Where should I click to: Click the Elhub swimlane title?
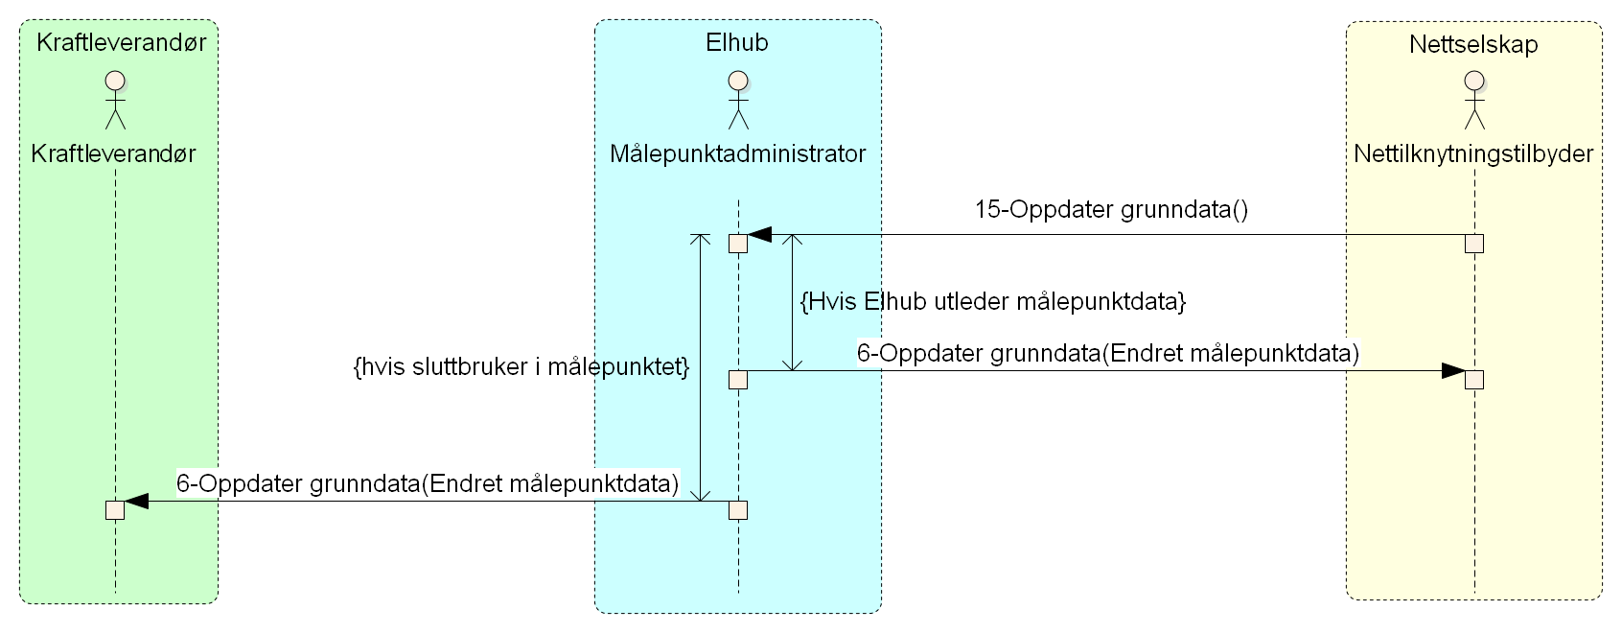coord(736,43)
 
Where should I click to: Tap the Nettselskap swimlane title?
coord(1473,44)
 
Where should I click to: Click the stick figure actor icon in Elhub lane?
coord(737,99)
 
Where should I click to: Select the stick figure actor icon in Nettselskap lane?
coord(1474,99)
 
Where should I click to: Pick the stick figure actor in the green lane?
coord(115,99)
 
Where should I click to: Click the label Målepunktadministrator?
coord(737,153)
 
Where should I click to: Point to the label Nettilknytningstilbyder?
coord(1473,153)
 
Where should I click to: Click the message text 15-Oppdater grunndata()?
coord(1111,210)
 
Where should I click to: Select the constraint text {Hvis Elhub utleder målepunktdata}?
coord(993,302)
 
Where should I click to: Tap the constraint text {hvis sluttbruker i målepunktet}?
coord(521,366)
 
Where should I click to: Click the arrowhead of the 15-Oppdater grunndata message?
coord(760,234)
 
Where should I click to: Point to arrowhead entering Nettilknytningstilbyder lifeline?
coord(1453,371)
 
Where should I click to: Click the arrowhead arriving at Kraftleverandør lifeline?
coord(136,501)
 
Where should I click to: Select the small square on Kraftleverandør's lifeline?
coord(115,510)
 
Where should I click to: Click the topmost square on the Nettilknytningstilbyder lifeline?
coord(1474,244)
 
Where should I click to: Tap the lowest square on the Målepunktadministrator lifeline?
coord(737,510)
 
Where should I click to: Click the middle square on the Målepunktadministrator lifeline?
coord(737,380)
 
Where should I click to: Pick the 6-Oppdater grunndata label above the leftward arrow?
coord(428,483)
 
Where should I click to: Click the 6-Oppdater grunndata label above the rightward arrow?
coord(1107,353)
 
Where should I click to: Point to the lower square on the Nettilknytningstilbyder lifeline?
coord(1474,380)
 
